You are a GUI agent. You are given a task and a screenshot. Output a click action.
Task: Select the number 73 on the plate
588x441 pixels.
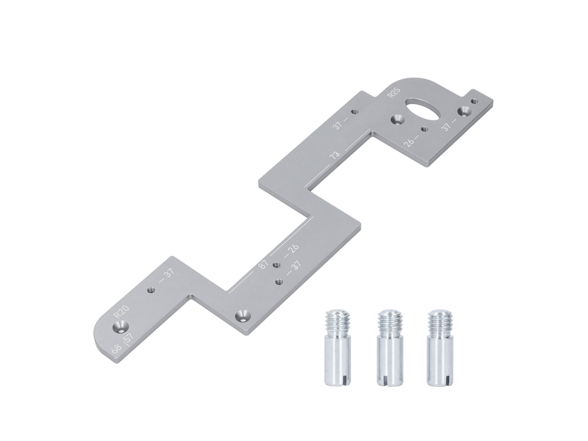pos(335,155)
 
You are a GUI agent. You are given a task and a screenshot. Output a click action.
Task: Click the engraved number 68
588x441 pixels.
pos(116,349)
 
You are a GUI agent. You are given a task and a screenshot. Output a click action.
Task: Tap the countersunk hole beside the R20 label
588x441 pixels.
pos(121,326)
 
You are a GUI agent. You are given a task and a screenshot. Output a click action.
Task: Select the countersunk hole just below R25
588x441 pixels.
pos(397,120)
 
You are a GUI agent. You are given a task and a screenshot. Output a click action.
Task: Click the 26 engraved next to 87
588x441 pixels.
pos(292,249)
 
